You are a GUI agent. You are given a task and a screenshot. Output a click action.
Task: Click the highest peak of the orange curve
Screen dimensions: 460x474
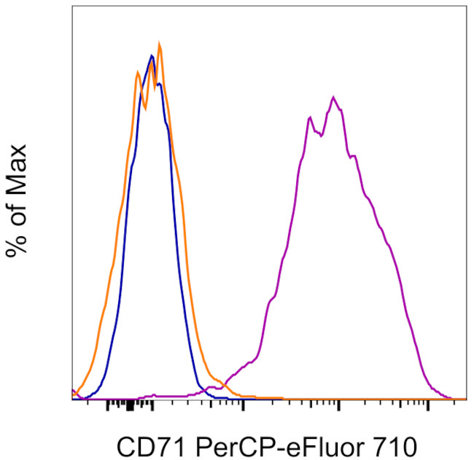click(159, 45)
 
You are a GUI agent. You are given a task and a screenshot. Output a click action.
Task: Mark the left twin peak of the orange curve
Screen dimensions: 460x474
click(138, 71)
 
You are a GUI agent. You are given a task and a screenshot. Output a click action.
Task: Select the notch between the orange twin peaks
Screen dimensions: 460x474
click(146, 108)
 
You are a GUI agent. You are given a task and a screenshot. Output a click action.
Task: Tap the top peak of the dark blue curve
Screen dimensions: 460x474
click(151, 55)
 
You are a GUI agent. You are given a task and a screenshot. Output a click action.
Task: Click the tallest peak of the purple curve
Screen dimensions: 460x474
click(333, 97)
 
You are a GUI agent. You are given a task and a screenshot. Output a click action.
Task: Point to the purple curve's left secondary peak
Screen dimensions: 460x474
click(311, 117)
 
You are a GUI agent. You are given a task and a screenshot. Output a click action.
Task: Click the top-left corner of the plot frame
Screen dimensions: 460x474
click(72, 7)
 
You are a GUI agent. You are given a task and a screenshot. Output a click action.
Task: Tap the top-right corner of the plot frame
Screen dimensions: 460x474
click(466, 7)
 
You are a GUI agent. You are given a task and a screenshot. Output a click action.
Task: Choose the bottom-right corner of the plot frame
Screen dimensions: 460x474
click(466, 399)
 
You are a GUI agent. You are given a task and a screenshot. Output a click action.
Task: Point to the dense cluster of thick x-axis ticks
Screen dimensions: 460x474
click(130, 405)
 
